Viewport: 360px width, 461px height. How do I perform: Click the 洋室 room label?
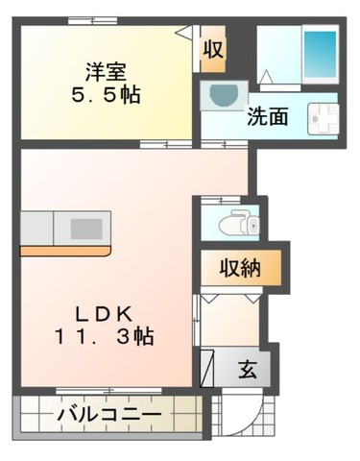point(106,72)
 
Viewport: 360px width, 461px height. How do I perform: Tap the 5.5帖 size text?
point(106,94)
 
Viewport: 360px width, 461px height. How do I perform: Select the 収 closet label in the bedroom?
point(213,49)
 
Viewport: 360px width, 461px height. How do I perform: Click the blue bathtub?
point(321,54)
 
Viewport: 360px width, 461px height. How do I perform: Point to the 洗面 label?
point(268,116)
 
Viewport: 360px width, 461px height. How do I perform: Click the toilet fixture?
point(239,222)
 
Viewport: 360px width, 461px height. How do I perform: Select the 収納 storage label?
point(240,268)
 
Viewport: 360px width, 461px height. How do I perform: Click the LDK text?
point(104,315)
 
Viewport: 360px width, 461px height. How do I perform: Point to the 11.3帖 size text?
point(104,336)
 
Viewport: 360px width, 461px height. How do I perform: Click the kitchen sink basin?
point(86,229)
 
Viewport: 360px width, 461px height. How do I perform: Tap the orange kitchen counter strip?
point(65,251)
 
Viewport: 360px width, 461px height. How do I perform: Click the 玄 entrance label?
point(248,370)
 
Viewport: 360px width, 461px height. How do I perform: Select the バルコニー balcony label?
point(109,415)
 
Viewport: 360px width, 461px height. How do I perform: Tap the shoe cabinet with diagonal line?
point(206,368)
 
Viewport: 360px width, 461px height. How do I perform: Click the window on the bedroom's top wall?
point(92,21)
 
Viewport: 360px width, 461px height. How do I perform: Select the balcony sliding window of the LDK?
point(108,391)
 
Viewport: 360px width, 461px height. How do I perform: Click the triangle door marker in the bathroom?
point(267,77)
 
